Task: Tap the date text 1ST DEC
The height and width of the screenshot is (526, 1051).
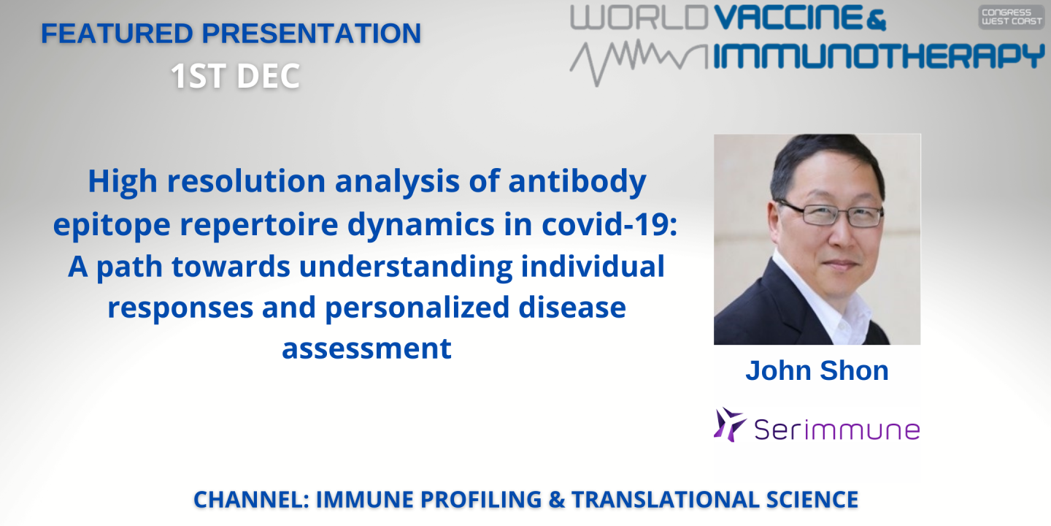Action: pos(235,76)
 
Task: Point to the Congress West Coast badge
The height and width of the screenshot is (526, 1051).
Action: pos(1012,18)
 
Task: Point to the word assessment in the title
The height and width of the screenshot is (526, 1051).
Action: pos(366,348)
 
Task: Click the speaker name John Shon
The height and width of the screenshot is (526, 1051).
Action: pos(817,370)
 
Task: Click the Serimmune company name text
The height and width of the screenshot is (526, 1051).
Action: pos(836,430)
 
